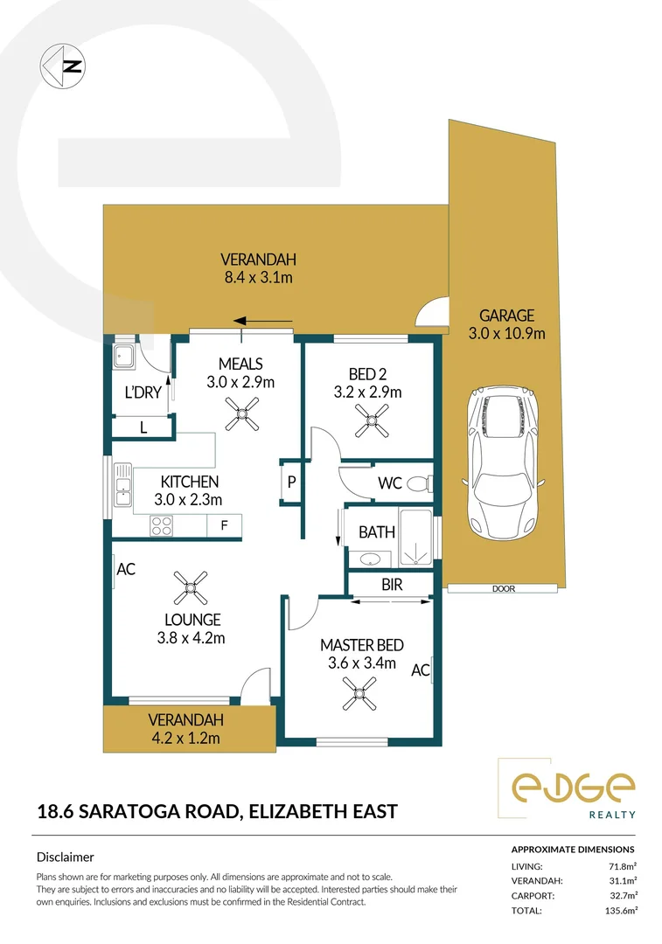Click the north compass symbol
coord(62,64)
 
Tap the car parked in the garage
coord(505,467)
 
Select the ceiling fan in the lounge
coord(190,589)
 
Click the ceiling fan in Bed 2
coord(368,424)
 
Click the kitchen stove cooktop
coord(162,525)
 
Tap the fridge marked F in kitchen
coord(224,525)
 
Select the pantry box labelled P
coord(291,482)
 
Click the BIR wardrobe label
coord(392,585)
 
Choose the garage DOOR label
coord(504,589)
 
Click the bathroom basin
coord(366,558)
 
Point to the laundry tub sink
coord(122,355)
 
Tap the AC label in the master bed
coord(420,670)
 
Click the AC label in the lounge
coord(126,568)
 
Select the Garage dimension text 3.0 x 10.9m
coord(505,333)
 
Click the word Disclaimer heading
coord(65,857)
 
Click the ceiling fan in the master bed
coord(358,697)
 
